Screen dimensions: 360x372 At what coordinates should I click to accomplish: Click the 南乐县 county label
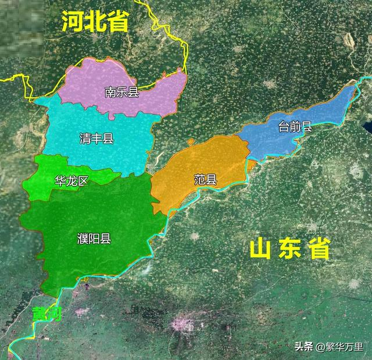coord(121,92)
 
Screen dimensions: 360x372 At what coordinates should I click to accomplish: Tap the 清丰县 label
coord(96,138)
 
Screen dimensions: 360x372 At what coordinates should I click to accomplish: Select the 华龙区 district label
coord(70,181)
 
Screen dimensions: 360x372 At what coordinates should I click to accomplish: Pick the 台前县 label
coord(295,126)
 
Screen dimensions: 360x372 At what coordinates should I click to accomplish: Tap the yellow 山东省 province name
coord(289,249)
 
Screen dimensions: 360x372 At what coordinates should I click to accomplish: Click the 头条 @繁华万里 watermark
coord(329,347)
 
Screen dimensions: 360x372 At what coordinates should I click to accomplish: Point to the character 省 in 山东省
coord(319,249)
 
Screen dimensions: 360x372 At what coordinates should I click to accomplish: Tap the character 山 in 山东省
coord(260,249)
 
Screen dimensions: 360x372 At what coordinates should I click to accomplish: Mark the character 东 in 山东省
coord(289,249)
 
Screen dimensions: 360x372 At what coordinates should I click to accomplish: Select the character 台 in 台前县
coord(284,126)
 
